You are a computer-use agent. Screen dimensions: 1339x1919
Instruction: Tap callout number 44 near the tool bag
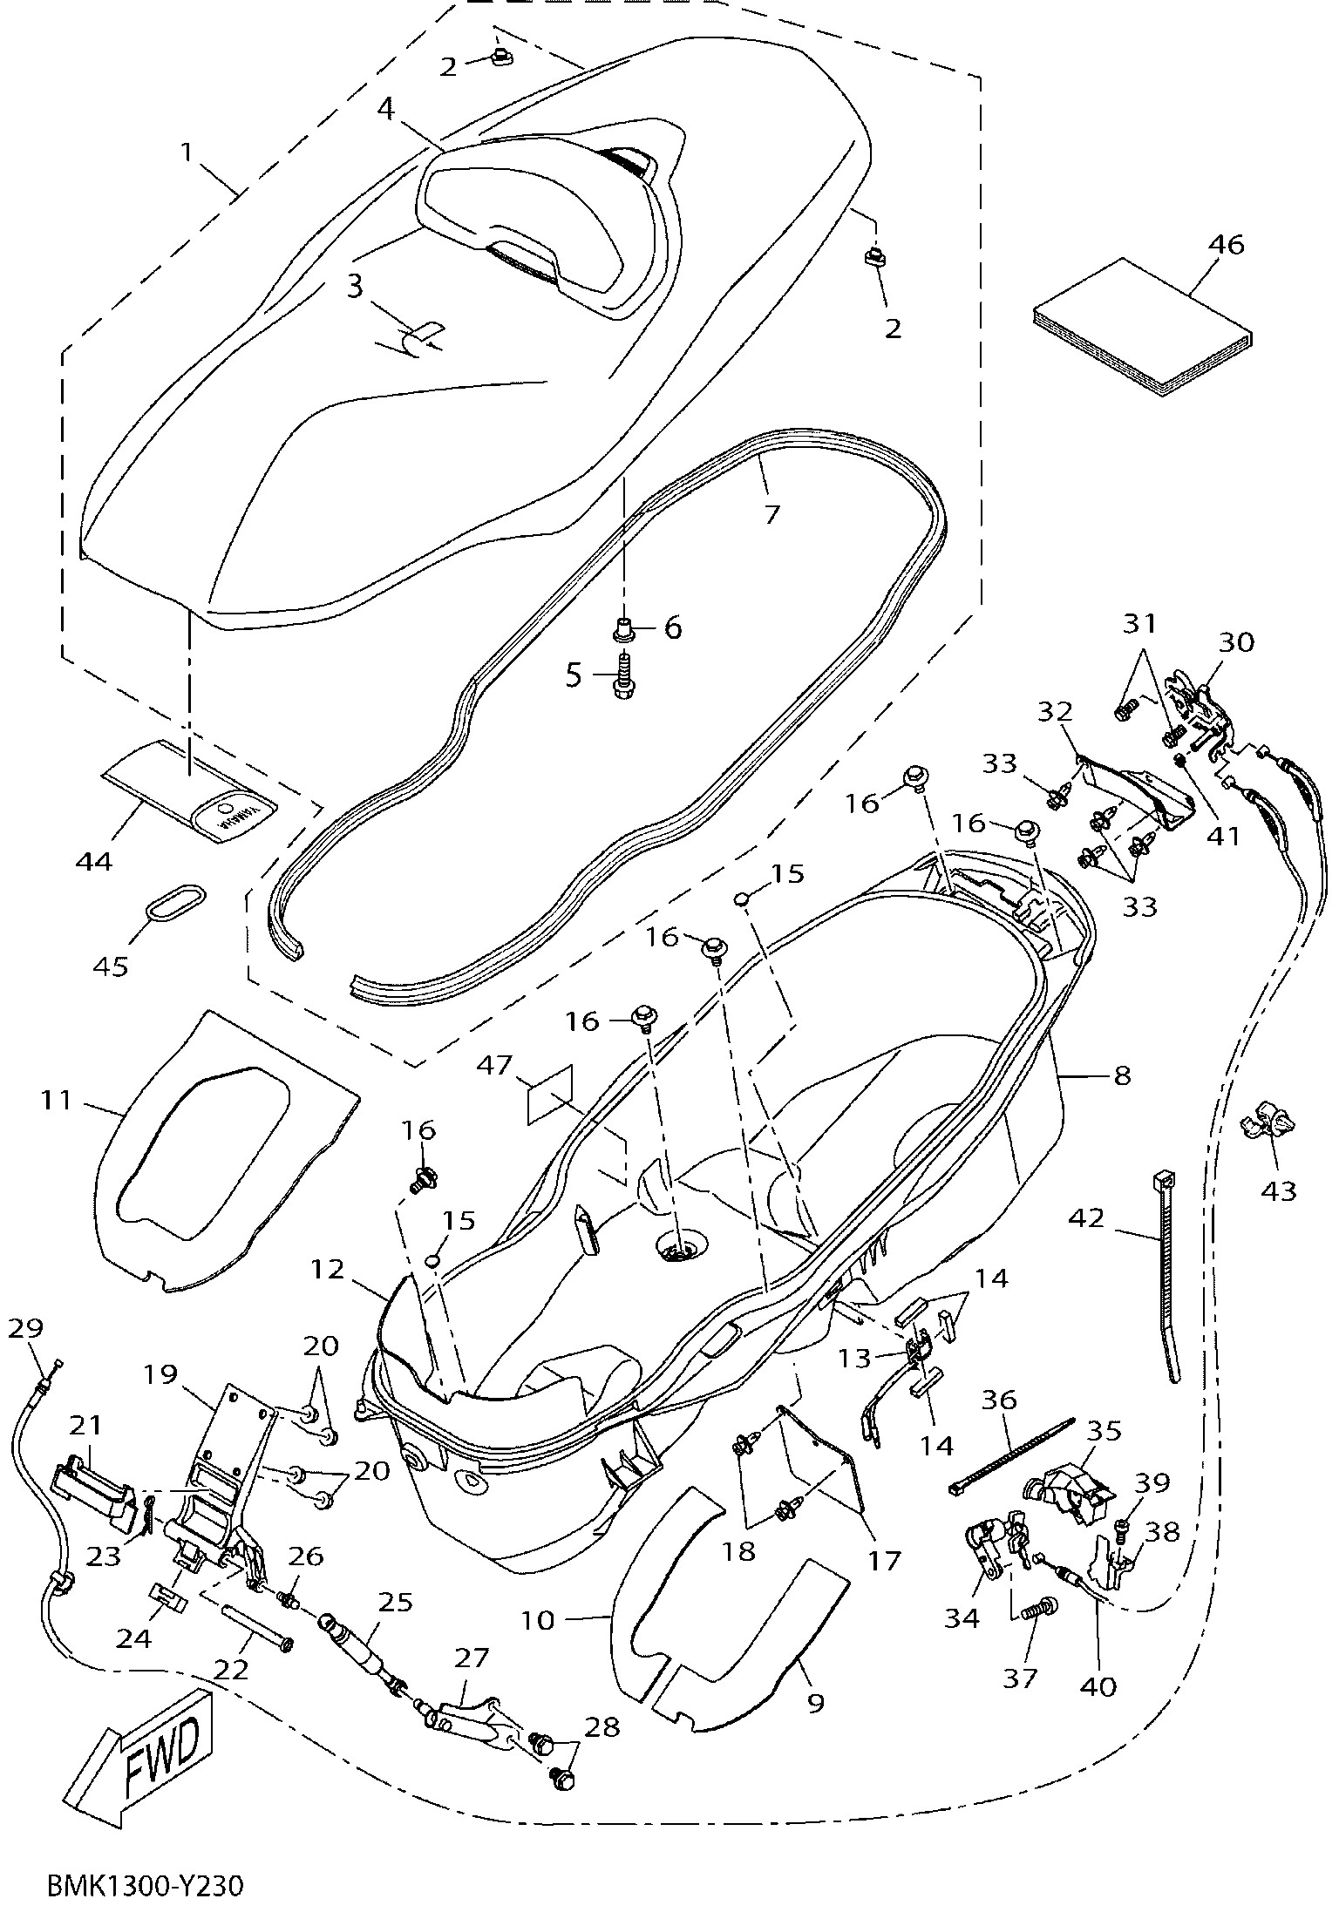tap(93, 862)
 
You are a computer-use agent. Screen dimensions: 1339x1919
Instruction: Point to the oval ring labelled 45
tap(177, 900)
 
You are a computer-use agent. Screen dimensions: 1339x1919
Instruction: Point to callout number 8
tap(1121, 1075)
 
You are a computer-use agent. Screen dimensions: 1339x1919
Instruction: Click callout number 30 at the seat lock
tap(1236, 642)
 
